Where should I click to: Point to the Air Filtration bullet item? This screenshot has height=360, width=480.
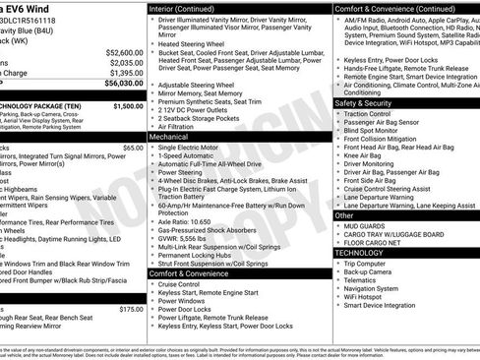[178, 127]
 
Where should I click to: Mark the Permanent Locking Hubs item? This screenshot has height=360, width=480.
[197, 255]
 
